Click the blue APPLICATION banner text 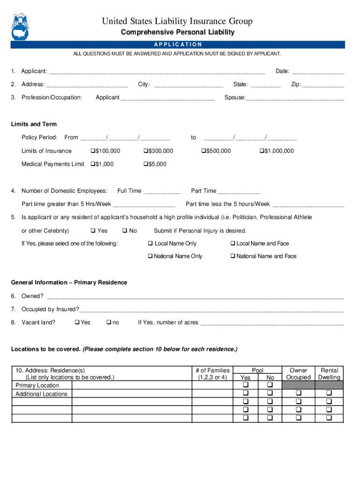pos(178,44)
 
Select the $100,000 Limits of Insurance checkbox pos(92,151)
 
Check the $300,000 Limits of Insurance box pos(145,151)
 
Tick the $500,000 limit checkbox pos(203,151)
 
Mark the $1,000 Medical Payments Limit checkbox pos(92,164)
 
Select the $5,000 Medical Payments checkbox pos(145,164)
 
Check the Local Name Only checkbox pos(151,244)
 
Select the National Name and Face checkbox pos(232,256)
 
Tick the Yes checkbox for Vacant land pos(77,322)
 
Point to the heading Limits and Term pos(34,124)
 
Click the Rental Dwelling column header pos(329,374)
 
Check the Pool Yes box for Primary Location pos(245,385)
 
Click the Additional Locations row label pos(41,394)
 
